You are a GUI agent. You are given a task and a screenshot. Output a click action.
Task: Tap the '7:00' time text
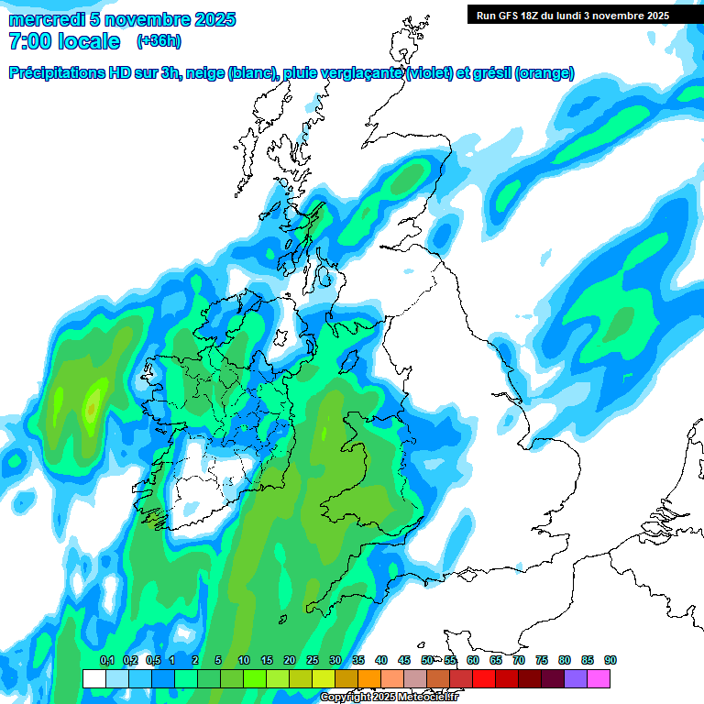27,41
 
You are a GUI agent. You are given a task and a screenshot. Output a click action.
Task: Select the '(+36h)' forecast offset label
159,41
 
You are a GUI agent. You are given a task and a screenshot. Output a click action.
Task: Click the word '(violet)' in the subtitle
430,73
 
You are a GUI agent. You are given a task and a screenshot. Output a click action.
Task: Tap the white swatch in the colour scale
94,678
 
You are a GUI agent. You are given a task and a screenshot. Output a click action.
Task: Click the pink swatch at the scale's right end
599,678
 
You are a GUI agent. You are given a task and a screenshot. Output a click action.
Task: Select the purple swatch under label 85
576,678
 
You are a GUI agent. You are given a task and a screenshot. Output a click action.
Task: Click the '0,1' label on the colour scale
107,661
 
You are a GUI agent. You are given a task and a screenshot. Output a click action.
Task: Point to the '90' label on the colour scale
610,661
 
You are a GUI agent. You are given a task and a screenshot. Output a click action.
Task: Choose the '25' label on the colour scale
313,661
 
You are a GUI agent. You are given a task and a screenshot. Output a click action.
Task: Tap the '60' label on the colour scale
473,661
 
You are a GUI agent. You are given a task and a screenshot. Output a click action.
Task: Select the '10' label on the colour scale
244,661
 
